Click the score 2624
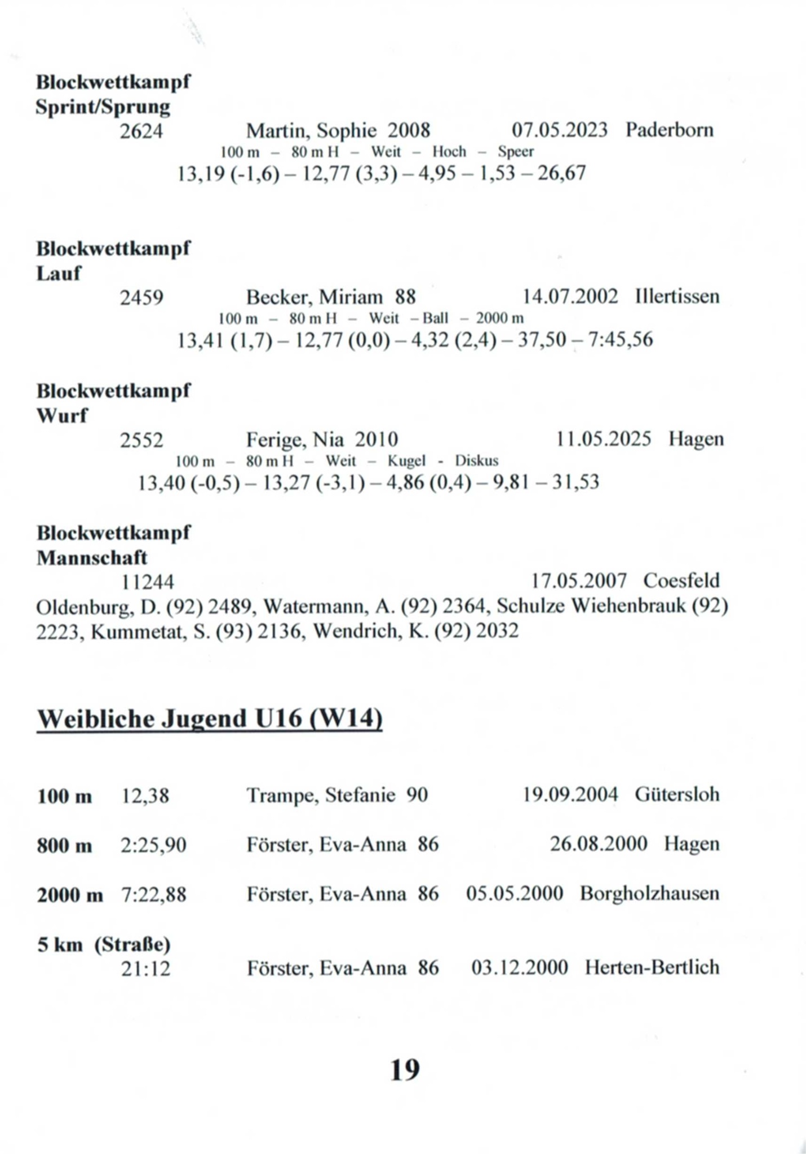141,131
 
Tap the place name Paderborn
669,130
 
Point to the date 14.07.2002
570,296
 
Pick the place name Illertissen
677,296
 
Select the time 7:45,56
620,339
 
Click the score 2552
141,440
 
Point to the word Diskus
476,461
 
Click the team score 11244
148,581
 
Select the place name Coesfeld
681,580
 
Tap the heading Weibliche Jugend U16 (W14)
210,719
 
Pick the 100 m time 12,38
145,796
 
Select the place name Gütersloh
676,795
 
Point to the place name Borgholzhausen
649,894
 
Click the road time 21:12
145,969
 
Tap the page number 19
405,1069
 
